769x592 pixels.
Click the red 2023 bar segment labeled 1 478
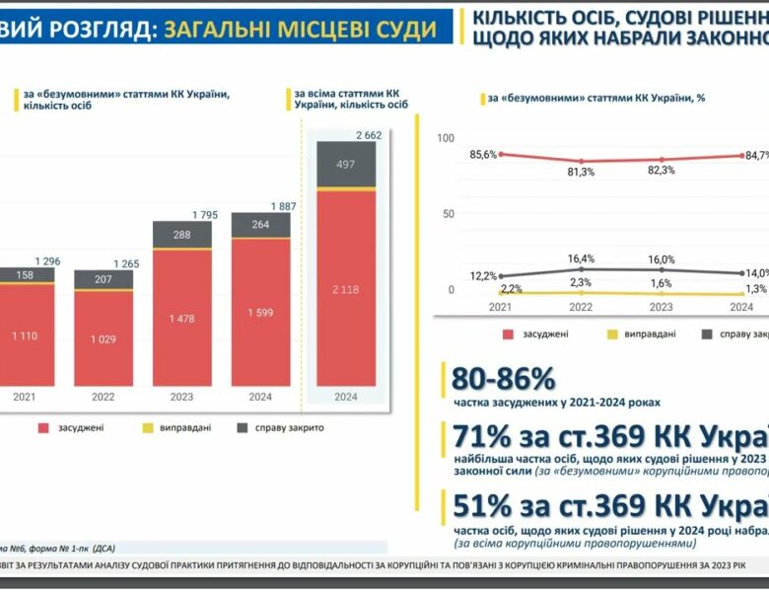(x=181, y=318)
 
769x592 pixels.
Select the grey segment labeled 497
(x=345, y=164)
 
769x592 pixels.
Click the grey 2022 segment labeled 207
(x=103, y=279)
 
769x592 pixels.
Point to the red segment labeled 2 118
(x=345, y=287)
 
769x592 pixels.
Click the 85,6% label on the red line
(x=483, y=154)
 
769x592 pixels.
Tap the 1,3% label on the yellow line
(x=757, y=288)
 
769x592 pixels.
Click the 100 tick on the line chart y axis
(x=445, y=139)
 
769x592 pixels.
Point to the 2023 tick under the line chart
(x=662, y=307)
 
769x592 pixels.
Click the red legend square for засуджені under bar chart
(x=43, y=428)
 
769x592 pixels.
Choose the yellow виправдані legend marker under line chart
(x=610, y=334)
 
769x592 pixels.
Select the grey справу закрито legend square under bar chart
(x=243, y=428)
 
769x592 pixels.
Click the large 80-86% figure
(x=503, y=379)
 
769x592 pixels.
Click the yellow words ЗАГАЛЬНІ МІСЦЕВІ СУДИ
(x=301, y=29)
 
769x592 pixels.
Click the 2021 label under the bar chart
(x=24, y=398)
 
